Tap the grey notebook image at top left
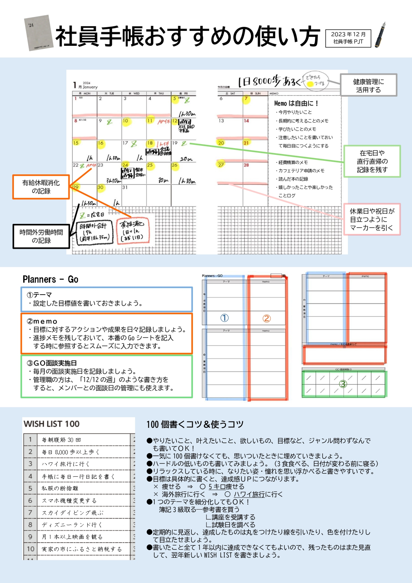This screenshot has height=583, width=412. tap(39, 33)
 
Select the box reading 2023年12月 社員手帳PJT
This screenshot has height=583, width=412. tap(348, 38)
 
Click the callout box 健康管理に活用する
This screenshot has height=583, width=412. tap(368, 85)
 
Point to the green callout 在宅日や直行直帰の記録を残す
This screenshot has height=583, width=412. tap(372, 161)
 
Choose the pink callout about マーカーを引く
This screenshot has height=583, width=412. tap(372, 219)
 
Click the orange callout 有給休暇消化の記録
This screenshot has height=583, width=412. tap(41, 187)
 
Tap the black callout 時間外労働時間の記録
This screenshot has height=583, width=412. tap(41, 236)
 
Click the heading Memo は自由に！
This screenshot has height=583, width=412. tap(296, 103)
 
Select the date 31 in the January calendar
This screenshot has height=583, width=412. tap(125, 187)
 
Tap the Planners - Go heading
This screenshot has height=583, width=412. tap(51, 279)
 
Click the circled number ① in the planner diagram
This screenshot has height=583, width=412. tap(224, 318)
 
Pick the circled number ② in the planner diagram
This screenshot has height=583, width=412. tap(266, 318)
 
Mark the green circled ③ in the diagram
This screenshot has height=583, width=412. tap(343, 384)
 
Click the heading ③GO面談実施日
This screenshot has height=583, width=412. tap(52, 363)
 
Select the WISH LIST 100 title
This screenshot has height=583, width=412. tap(51, 424)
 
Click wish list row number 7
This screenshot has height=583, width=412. tap(30, 513)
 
